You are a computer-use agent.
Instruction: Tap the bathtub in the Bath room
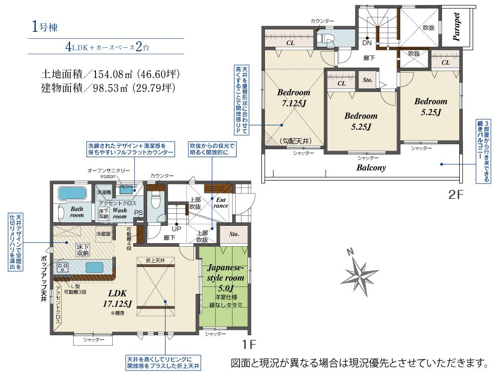coord(73,193)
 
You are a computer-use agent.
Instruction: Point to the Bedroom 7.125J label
coord(293,98)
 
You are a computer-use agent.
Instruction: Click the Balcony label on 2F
coord(371,168)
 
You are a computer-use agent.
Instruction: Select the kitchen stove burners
coord(64,268)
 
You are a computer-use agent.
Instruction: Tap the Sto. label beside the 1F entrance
coord(234,234)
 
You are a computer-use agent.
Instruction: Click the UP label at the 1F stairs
coord(176,228)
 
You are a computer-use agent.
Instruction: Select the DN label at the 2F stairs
coord(367,43)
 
